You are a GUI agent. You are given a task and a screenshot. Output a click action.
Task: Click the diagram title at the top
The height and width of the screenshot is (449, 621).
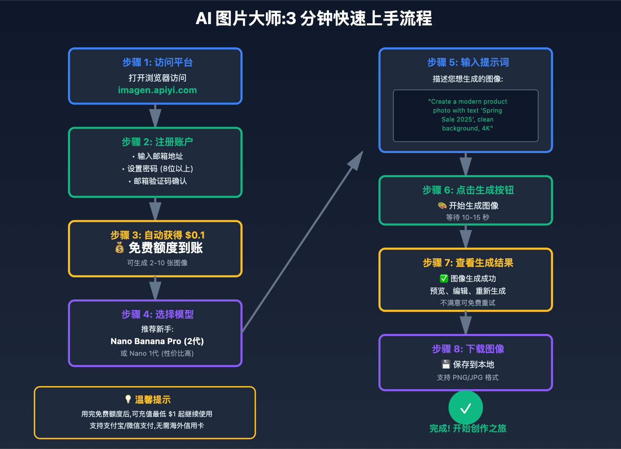point(314,19)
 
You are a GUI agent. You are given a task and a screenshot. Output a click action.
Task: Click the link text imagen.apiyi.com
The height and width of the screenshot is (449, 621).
point(157,90)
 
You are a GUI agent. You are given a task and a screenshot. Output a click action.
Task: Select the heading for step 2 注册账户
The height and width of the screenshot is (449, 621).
point(157,142)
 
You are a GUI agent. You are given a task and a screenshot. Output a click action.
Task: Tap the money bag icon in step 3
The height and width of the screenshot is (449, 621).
point(120,247)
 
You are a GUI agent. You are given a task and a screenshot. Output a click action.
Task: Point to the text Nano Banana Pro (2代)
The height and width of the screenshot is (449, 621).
point(157,341)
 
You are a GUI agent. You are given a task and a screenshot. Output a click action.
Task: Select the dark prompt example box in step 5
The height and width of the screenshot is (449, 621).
point(466,116)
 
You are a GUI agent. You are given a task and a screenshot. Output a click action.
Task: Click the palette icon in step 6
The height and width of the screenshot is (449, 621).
point(442,205)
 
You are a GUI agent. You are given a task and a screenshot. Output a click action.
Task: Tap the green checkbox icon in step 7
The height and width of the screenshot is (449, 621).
point(444,278)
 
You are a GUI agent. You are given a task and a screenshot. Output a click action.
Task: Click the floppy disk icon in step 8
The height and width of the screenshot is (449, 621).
point(446,364)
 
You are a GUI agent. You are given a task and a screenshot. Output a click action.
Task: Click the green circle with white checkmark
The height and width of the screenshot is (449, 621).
point(466,408)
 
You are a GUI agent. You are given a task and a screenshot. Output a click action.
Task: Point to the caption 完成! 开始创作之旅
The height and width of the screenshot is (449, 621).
point(468,428)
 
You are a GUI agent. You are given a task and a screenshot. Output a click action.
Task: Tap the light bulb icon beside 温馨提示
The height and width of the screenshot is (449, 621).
point(128,399)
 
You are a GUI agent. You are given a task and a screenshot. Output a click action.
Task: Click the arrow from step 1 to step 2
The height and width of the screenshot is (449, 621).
point(155,116)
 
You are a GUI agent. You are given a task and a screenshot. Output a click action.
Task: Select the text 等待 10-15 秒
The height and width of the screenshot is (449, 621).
point(468,218)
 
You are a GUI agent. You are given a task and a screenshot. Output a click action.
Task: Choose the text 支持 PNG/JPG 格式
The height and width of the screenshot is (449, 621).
point(468,378)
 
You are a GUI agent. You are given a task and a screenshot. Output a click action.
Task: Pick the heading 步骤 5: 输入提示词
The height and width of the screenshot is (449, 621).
point(468,62)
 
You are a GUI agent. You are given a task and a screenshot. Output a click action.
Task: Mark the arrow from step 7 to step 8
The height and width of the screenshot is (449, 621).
point(466,323)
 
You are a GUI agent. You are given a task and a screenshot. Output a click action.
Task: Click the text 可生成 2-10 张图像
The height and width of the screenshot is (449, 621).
point(157,263)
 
